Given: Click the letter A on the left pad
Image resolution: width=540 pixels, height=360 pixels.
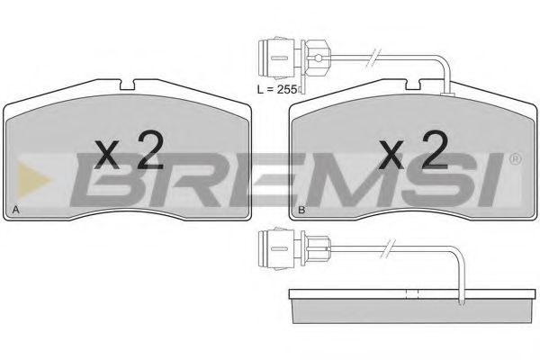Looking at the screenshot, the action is pyautogui.click(x=15, y=210).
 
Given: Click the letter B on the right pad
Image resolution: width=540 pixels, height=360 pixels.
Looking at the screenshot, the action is pyautogui.click(x=301, y=210).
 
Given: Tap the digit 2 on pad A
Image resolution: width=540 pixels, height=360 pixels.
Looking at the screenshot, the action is pyautogui.click(x=150, y=150).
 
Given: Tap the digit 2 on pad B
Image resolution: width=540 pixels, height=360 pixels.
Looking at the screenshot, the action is pyautogui.click(x=436, y=150).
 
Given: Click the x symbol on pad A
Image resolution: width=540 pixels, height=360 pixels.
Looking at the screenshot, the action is pyautogui.click(x=107, y=155).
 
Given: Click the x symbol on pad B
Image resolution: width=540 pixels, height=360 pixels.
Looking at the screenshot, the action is pyautogui.click(x=391, y=155).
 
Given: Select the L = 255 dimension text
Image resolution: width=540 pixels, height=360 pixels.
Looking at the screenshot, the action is pyautogui.click(x=277, y=90).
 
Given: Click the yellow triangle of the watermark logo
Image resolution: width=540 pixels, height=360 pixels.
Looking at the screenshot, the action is pyautogui.click(x=34, y=180).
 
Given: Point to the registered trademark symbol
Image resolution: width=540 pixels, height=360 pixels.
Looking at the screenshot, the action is pyautogui.click(x=515, y=159).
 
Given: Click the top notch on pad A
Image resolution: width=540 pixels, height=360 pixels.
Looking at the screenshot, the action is pyautogui.click(x=127, y=85).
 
